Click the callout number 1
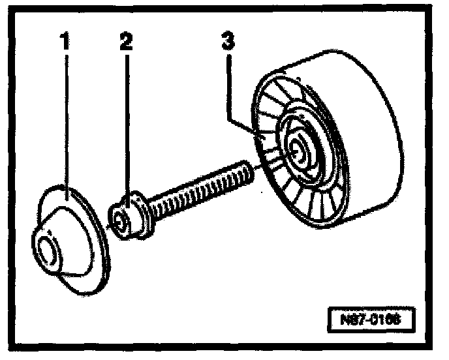tap(65, 42)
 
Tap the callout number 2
tap(126, 42)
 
